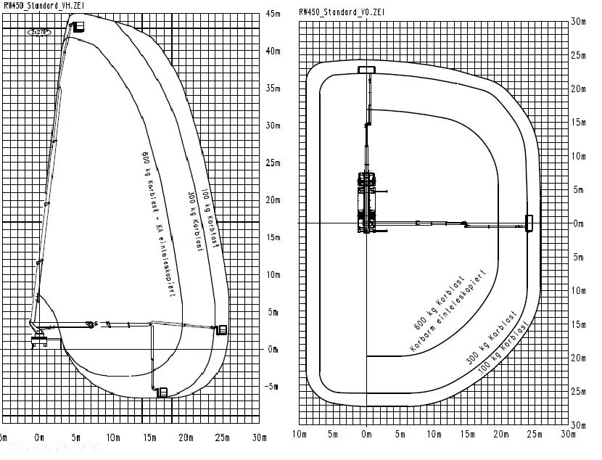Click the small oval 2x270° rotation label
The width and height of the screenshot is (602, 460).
[x=39, y=33]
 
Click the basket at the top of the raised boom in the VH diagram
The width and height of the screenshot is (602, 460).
[x=75, y=27]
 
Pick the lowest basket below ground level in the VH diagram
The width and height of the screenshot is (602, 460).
[x=162, y=393]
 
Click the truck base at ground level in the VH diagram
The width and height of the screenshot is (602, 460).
[x=39, y=340]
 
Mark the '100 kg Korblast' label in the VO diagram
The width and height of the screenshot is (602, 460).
[x=506, y=353]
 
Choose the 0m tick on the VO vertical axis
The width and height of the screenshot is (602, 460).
[x=577, y=223]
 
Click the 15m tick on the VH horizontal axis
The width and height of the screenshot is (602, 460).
[x=149, y=438]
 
